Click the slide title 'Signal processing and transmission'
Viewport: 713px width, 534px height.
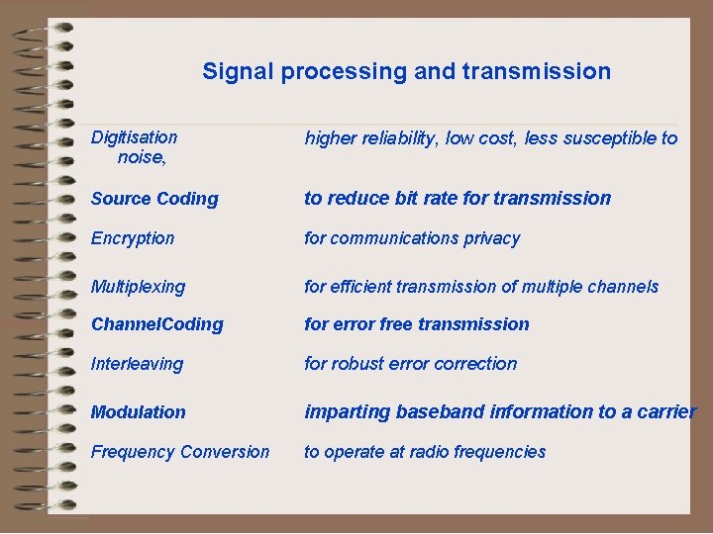406,71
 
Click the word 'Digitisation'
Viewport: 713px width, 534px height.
134,137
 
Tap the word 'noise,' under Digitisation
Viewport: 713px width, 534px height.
142,156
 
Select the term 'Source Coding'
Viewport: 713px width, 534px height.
154,199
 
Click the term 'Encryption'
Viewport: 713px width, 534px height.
133,238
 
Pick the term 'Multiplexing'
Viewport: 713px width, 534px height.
138,287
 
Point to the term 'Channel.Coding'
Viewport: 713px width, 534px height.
156,324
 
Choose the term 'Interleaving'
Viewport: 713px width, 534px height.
137,364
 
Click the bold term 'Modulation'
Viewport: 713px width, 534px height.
138,412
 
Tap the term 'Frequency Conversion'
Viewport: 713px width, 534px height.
179,452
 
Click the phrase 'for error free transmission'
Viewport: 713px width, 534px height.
416,324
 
